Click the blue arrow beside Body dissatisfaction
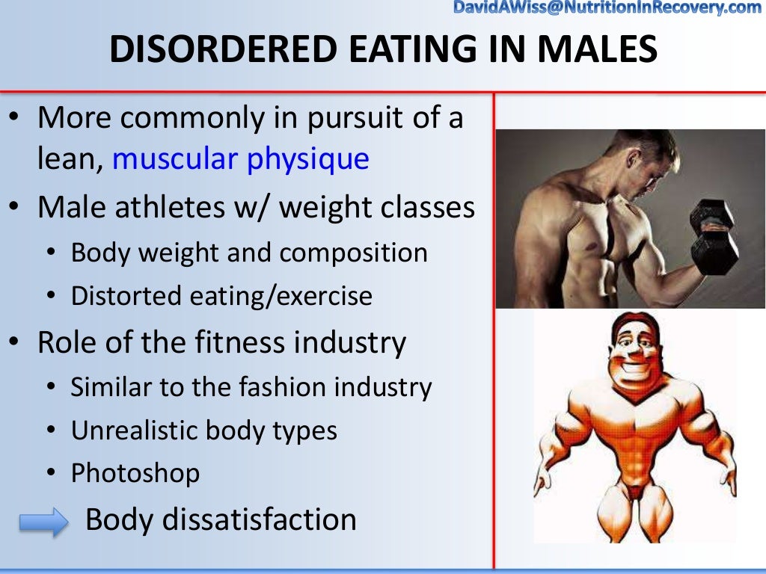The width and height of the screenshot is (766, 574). (x=43, y=522)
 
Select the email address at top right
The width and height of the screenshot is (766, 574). (x=607, y=8)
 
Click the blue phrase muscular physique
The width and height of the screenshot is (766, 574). (x=241, y=158)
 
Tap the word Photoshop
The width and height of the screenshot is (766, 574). (x=135, y=473)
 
